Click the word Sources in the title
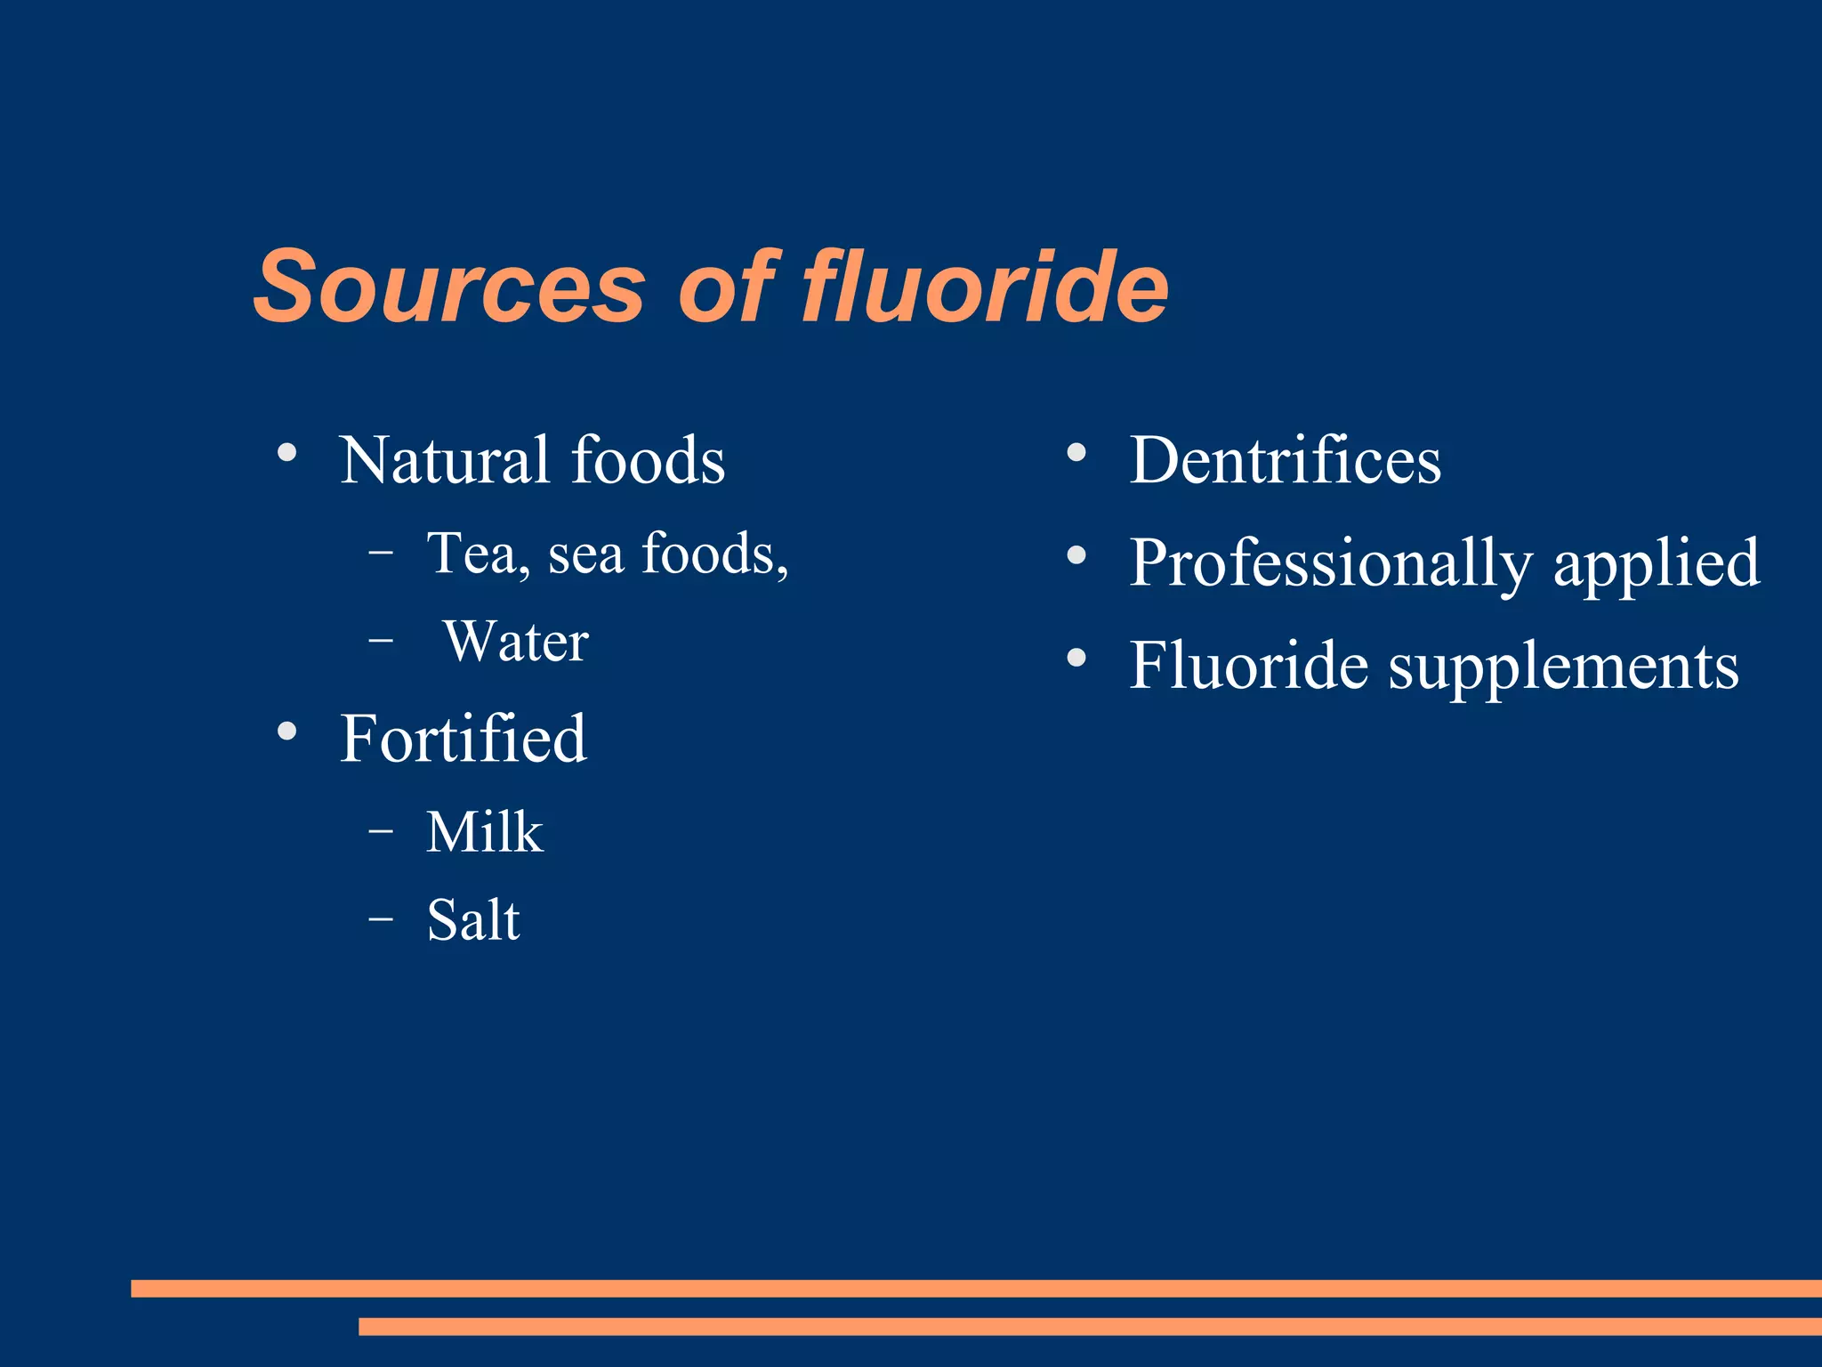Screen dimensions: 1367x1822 (449, 287)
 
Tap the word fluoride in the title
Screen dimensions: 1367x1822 (985, 287)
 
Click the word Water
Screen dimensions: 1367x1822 (516, 641)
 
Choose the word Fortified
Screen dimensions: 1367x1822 (464, 739)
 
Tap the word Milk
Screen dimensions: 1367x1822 (484, 833)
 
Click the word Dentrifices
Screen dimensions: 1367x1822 (1285, 461)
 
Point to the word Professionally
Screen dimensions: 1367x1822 (1331, 564)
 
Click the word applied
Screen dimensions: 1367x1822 (1657, 564)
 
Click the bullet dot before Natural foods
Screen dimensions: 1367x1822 (286, 452)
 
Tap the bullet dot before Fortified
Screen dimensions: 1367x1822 (286, 732)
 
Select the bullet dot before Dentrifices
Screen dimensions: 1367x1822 (1076, 452)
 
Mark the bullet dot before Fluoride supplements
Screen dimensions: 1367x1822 (1076, 658)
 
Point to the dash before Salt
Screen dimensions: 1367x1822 (381, 918)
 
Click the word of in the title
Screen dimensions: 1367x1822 (728, 287)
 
